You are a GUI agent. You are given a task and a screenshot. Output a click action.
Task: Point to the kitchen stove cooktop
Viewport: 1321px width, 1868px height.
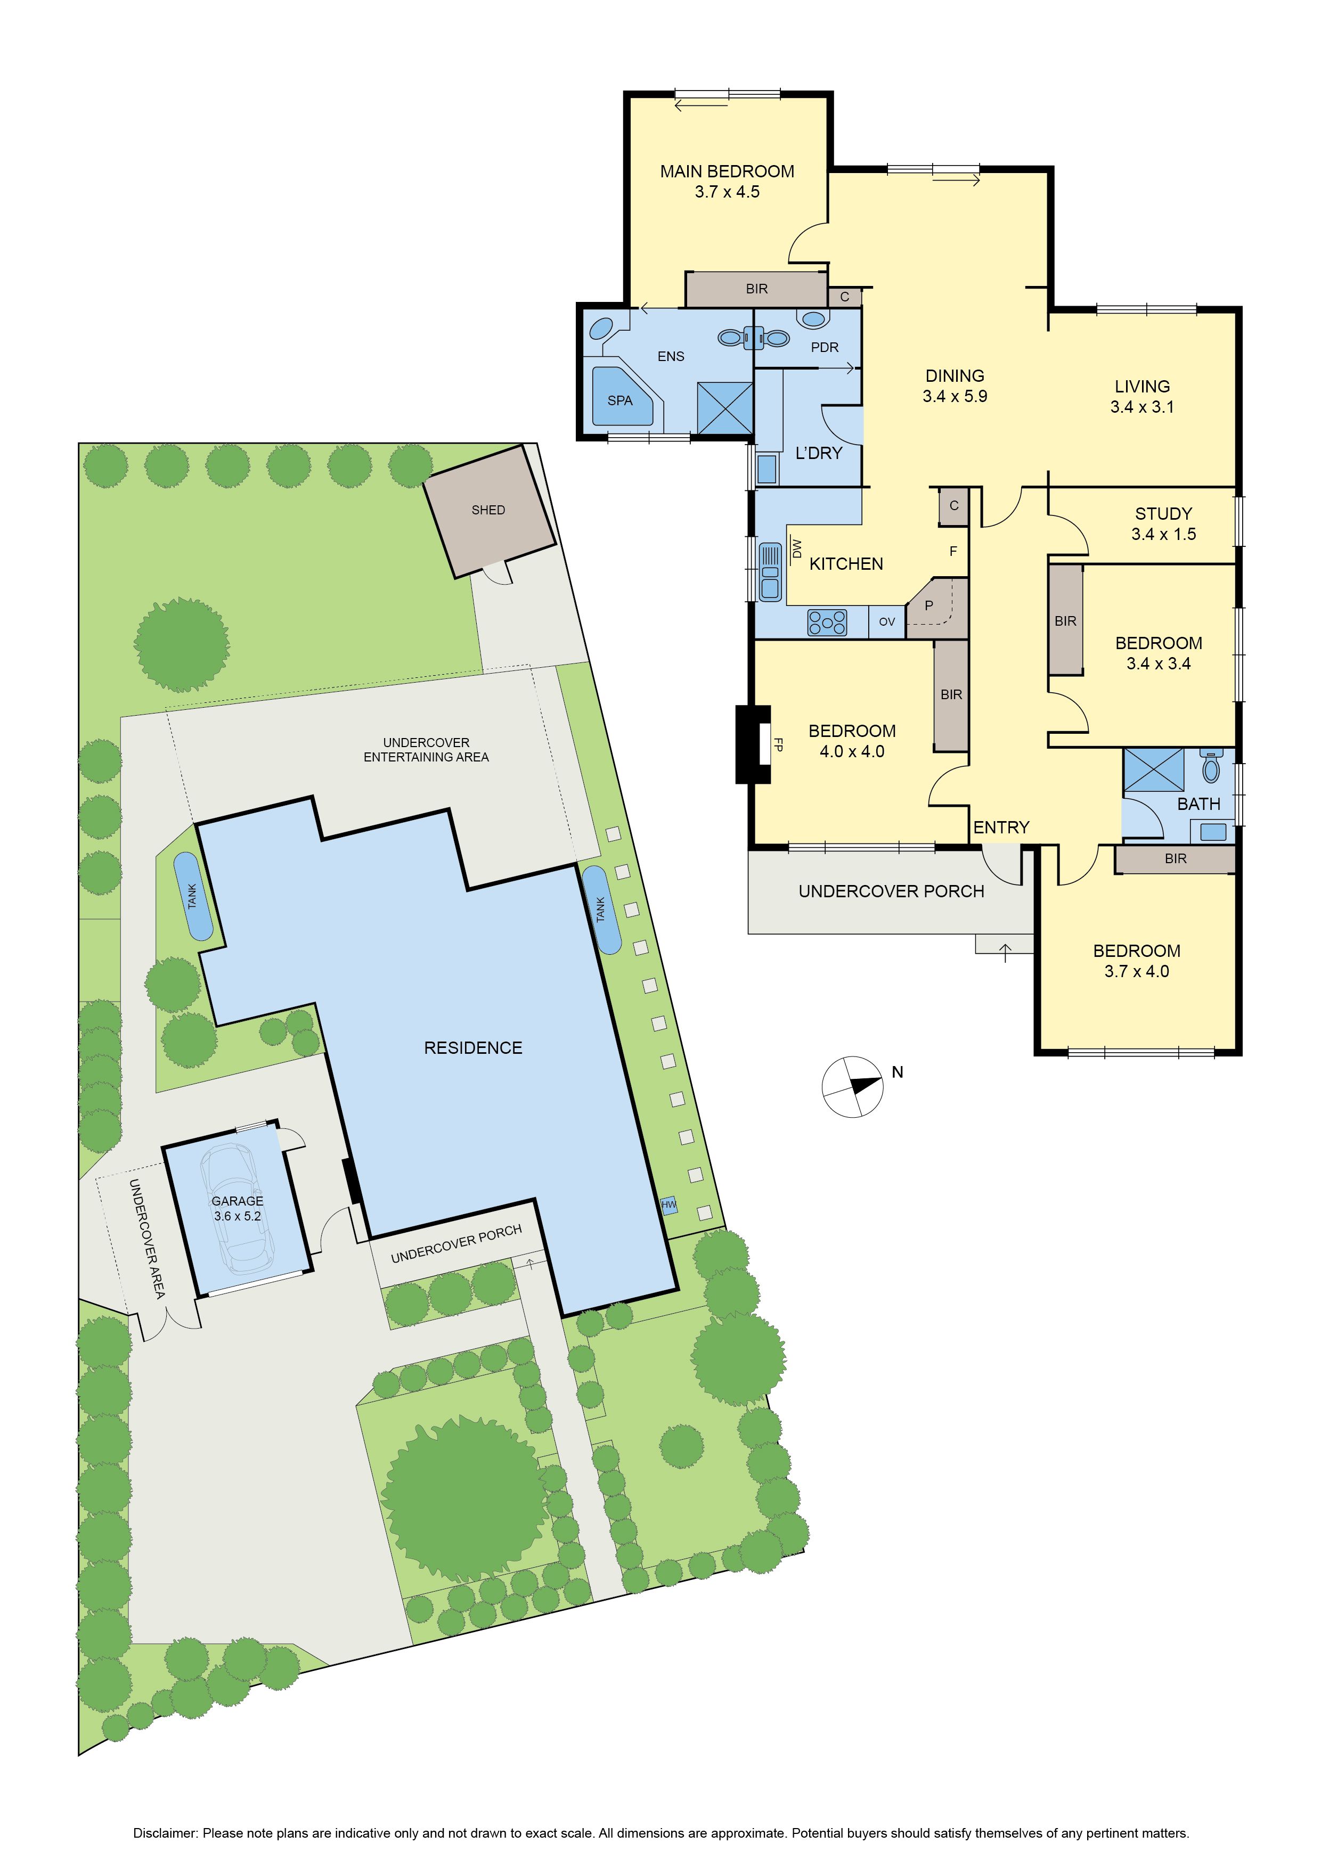point(827,622)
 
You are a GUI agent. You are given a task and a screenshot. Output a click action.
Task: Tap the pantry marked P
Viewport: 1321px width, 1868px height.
point(937,608)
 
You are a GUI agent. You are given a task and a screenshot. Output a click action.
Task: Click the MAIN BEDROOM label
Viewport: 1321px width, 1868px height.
point(727,171)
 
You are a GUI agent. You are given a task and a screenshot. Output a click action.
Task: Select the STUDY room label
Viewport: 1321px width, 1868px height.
point(1163,514)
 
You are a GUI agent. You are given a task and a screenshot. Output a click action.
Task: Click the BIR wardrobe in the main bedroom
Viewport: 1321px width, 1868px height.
point(756,289)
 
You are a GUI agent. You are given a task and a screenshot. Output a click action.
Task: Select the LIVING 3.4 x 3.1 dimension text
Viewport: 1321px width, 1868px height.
point(1142,407)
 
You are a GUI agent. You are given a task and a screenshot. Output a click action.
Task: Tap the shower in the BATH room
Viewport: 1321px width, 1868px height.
point(1153,769)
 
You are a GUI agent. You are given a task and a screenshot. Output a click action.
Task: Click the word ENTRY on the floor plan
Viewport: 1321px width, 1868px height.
point(1001,828)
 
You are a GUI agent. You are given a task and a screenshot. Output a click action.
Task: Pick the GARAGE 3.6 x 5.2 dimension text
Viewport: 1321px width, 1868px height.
point(237,1216)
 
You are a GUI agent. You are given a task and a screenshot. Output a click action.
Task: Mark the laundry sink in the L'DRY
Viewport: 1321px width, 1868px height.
point(766,469)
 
